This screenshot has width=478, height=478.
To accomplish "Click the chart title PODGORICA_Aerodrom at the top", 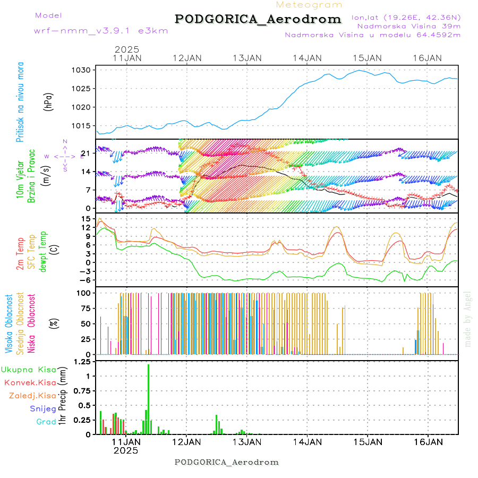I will pos(258,19).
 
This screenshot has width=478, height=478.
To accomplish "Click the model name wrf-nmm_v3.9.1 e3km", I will pos(101,31).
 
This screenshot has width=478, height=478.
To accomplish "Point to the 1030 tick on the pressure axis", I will pos(84,70).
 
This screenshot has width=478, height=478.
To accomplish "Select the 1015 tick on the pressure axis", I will pos(84,125).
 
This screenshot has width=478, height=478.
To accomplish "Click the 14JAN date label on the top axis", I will pos(307,58).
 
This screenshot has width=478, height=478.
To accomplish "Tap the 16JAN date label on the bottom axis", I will pos(428,441).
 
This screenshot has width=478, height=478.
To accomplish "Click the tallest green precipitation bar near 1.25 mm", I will pos(148,398).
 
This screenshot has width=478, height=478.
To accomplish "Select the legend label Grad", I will pos(46,422).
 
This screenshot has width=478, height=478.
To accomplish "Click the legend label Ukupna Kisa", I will pos(29,369).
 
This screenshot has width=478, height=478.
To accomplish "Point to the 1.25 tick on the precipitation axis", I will pos(81,362).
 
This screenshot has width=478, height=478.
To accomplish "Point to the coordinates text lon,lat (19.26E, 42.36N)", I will pos(406,17).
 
